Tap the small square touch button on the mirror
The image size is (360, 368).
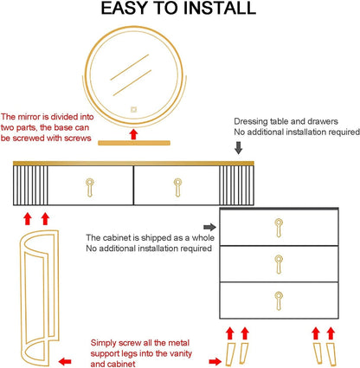click(133, 110)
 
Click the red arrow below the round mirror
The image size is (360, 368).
click(133, 134)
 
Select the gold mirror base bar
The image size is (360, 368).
click(134, 143)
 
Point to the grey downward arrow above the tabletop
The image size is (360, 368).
click(238, 147)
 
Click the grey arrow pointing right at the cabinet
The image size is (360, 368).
click(209, 227)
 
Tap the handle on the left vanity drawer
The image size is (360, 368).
click(90, 188)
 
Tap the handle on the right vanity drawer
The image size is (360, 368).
click(177, 188)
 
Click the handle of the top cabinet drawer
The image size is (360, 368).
click(279, 228)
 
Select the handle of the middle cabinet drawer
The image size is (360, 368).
click(279, 264)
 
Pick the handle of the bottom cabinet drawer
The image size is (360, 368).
click(279, 301)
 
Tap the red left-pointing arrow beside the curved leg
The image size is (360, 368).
click(65, 361)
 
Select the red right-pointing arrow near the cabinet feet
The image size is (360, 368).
click(215, 361)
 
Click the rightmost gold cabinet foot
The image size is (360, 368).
click(331, 353)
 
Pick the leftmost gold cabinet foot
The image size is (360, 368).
click(230, 353)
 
